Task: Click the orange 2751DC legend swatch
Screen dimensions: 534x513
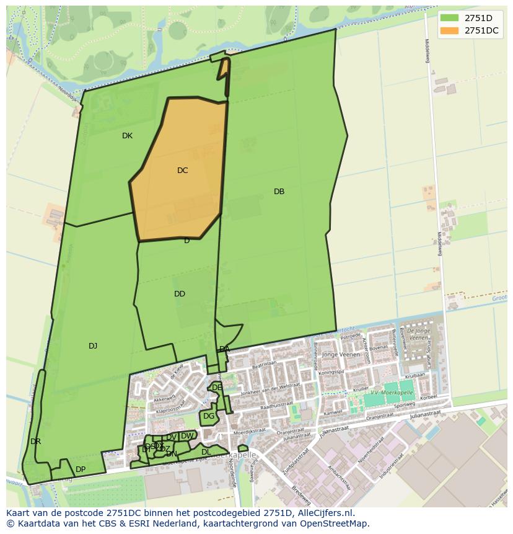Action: pos(450,30)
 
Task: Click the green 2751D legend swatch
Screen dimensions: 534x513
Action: pos(450,17)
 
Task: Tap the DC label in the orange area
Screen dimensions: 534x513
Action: pos(182,170)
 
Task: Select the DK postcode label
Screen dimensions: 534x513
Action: pos(127,136)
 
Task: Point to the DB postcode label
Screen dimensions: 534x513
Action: pos(279,192)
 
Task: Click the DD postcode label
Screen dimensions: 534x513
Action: pos(180,294)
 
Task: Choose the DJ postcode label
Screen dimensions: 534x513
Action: pos(93,346)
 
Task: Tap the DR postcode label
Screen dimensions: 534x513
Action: pos(35,442)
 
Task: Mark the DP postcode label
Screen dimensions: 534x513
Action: pos(81,469)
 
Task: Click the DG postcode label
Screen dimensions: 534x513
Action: pos(209,416)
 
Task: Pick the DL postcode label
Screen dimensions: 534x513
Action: pos(206,452)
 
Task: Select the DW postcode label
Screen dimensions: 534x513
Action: pos(186,436)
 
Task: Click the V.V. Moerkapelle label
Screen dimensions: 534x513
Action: pos(392,393)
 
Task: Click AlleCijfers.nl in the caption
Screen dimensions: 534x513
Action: pos(323,513)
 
